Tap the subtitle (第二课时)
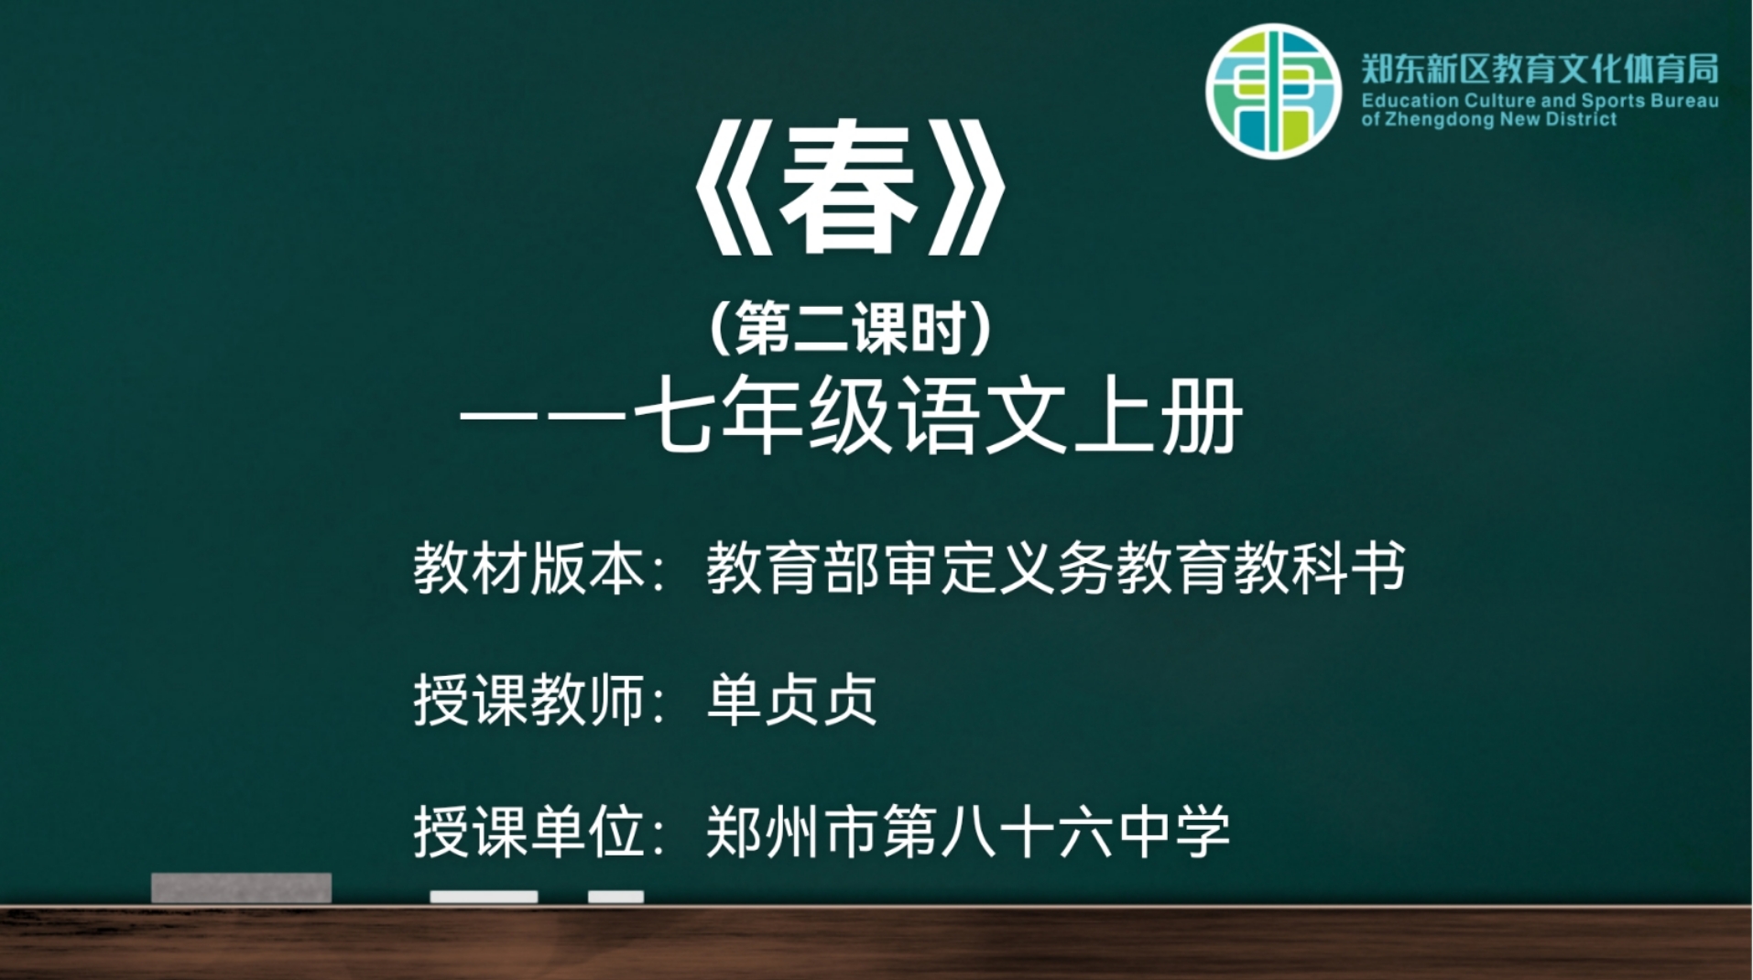(x=851, y=329)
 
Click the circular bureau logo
(x=1273, y=92)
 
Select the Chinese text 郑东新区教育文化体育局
(x=1540, y=69)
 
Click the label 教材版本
(x=529, y=568)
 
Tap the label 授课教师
(x=529, y=701)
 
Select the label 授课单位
(x=529, y=832)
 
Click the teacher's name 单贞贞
(x=793, y=701)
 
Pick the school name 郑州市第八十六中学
(x=968, y=832)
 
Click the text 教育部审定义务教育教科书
(x=1056, y=568)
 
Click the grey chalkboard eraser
(x=241, y=887)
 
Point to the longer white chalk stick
(x=484, y=897)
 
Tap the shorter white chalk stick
(x=615, y=897)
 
